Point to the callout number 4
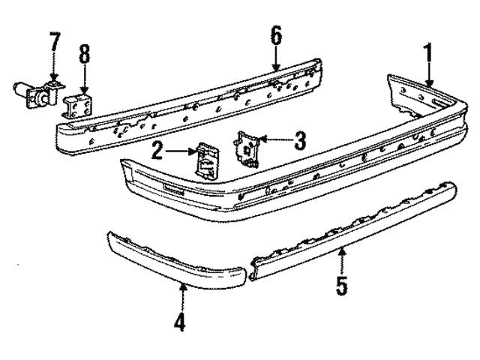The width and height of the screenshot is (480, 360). (x=178, y=322)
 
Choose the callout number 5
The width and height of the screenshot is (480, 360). (x=342, y=286)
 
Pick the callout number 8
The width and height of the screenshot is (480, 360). (x=84, y=55)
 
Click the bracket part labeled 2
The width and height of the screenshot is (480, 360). (x=207, y=159)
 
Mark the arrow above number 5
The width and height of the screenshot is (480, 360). (x=342, y=258)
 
